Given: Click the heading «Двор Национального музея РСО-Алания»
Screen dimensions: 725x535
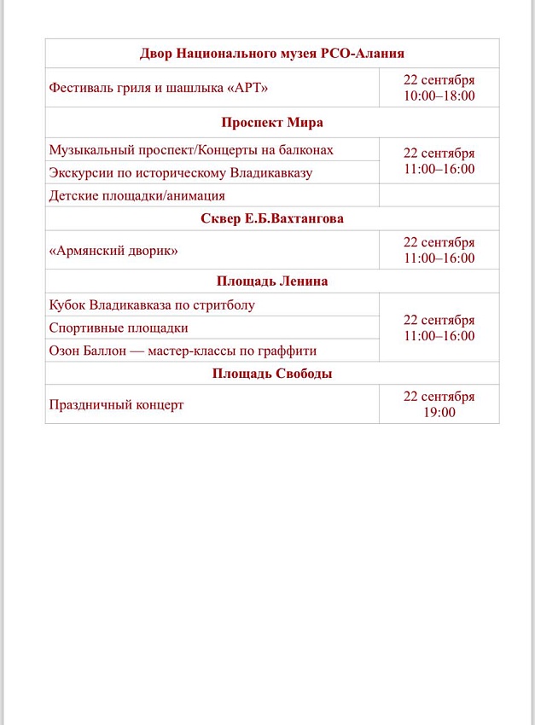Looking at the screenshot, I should click(272, 54).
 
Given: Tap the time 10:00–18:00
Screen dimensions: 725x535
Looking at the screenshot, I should click(439, 96).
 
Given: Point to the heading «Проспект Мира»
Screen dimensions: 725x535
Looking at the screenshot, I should click(272, 122).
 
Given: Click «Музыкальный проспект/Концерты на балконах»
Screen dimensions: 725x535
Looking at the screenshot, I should click(191, 150).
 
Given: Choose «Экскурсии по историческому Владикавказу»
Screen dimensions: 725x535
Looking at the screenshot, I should click(181, 173).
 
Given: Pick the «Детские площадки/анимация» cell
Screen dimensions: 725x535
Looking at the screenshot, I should click(137, 196).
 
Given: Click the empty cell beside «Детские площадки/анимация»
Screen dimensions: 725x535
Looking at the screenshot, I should click(439, 195).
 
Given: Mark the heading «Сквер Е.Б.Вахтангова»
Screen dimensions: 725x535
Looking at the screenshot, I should click(272, 219).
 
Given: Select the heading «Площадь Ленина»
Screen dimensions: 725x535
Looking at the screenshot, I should click(272, 281).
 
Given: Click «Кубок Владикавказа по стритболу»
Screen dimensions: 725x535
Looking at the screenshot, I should click(152, 304).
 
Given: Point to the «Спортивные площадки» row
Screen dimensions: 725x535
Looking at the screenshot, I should click(119, 328).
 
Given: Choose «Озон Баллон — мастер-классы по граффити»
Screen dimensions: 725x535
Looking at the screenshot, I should click(183, 351).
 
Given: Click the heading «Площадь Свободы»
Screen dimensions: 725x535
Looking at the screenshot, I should click(272, 374).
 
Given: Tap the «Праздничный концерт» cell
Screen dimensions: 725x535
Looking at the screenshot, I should click(117, 405).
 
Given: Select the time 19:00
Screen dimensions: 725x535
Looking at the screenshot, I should click(439, 413).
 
